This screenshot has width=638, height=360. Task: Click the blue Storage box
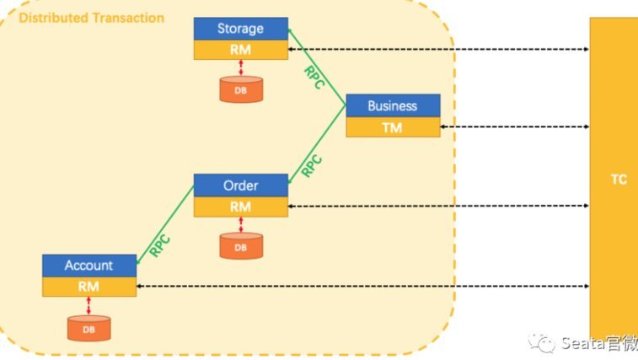241,29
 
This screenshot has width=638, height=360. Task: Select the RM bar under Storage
241,50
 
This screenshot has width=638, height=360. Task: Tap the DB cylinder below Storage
241,89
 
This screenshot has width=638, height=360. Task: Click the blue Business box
393,106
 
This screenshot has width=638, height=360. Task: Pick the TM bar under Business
393,127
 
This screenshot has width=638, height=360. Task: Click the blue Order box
241,185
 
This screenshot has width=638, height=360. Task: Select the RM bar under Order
241,207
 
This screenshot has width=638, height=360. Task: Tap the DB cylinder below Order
241,246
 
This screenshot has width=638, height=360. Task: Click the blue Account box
89,266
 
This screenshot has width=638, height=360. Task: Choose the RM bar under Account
89,287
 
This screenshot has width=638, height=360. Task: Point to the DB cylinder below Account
88,328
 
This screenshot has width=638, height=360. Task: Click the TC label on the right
619,180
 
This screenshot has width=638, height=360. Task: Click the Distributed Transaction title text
92,18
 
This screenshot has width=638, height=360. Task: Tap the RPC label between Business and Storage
314,78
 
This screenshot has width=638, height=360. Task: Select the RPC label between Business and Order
312,166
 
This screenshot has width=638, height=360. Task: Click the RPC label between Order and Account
160,245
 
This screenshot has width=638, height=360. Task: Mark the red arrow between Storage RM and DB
241,67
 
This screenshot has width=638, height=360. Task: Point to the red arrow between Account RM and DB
88,306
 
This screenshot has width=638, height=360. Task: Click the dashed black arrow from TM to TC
515,126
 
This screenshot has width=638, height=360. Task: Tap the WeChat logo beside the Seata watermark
542,342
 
